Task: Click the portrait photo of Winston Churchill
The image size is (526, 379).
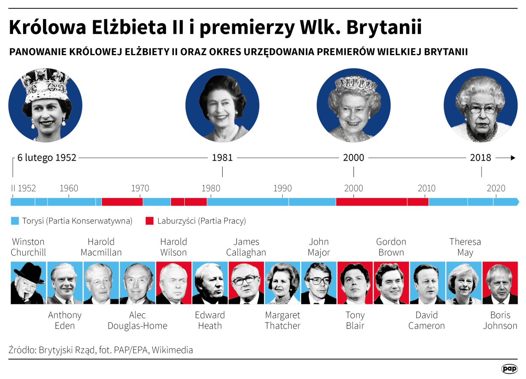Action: coord(28,283)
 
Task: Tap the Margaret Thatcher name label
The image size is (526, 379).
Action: coord(282,320)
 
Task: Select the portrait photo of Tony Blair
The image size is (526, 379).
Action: coord(355,283)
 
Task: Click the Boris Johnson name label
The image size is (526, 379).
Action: coord(500,320)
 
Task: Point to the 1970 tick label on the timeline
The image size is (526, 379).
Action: coord(140,188)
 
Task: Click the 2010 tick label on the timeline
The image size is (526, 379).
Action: coord(426,188)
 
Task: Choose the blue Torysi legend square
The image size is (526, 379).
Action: coord(15,221)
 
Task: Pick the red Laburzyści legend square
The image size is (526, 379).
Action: coord(149,221)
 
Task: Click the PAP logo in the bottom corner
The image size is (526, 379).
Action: coord(509,369)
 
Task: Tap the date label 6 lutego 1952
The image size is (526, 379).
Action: coord(47,158)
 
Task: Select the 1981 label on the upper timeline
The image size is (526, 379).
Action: coord(222,158)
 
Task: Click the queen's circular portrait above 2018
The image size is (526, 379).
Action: coord(481,105)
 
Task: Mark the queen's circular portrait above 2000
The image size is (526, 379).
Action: coord(353,105)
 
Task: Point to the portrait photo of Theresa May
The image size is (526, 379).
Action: coord(464,283)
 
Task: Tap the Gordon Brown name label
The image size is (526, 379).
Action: coord(391,247)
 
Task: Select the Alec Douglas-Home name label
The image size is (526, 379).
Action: coord(137,320)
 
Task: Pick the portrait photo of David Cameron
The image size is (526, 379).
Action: coord(428,283)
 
